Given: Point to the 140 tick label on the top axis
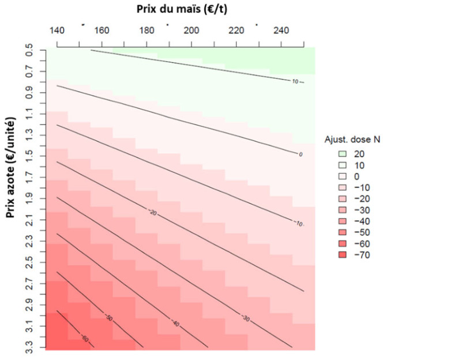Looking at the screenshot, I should click(58, 30).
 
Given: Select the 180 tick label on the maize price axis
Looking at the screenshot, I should click(147, 30).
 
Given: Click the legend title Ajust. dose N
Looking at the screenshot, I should click(351, 140).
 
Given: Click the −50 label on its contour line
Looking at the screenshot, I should click(108, 318).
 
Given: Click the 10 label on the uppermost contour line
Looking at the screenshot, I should click(295, 82).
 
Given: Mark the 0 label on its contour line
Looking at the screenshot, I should click(300, 154).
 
